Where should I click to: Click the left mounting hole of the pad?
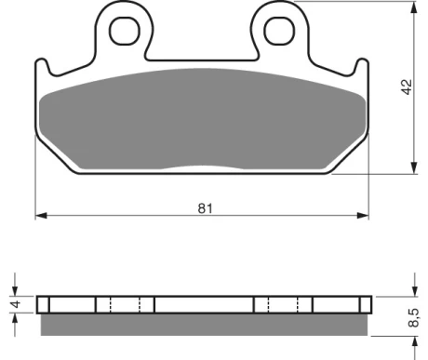(125, 31)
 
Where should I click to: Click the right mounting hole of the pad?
(279, 31)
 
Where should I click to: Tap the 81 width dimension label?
(206, 208)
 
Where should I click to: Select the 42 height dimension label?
(407, 87)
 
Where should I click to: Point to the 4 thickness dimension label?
(16, 303)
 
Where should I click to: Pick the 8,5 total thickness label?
(414, 317)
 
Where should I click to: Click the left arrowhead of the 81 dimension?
(41, 215)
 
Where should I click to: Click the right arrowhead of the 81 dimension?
(363, 215)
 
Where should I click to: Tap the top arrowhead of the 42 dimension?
(414, 7)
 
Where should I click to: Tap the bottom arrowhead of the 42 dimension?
(414, 167)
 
